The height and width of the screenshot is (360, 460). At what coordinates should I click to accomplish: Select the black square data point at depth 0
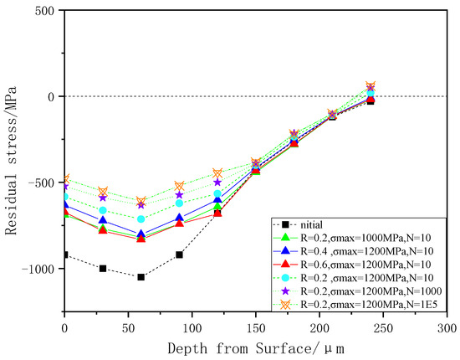pyautogui.click(x=64, y=255)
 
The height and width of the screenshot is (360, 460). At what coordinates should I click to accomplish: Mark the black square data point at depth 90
pyautogui.click(x=179, y=255)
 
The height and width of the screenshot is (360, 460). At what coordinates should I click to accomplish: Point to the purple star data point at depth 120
pyautogui.click(x=217, y=182)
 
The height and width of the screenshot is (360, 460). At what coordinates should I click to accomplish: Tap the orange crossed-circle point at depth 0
pyautogui.click(x=64, y=179)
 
